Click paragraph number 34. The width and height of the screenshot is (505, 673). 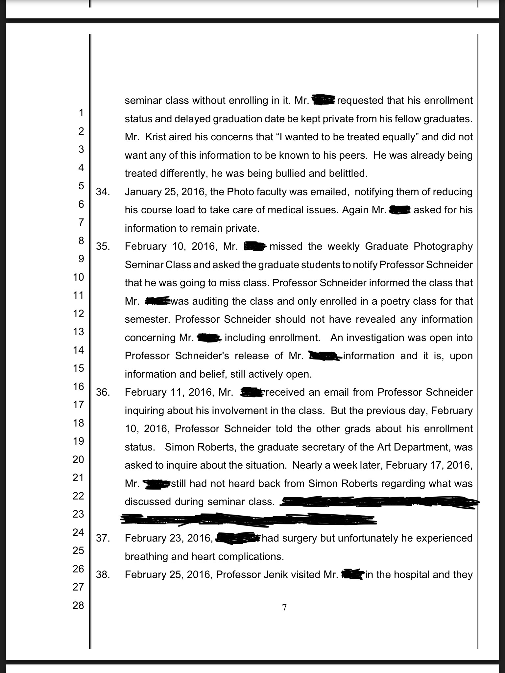103,192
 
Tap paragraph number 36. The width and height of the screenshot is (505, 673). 103,392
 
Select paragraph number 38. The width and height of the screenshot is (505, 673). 103,574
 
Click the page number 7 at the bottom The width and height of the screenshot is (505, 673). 284,608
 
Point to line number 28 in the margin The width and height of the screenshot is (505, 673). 78,605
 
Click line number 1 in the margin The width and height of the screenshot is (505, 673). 81,113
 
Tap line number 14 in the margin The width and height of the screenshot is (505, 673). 78,350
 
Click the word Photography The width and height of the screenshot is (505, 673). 443,246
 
